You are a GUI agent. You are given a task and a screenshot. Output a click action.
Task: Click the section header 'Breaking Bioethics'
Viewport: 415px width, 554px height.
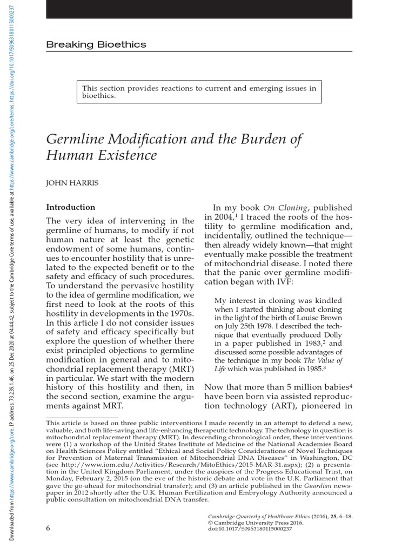tap(96, 44)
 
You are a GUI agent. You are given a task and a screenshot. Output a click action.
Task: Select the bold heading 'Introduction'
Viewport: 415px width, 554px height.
tap(70, 207)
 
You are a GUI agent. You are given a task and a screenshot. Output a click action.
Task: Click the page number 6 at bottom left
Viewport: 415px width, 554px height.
tap(48, 528)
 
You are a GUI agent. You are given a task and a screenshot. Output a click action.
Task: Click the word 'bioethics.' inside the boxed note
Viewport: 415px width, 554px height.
tap(99, 95)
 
